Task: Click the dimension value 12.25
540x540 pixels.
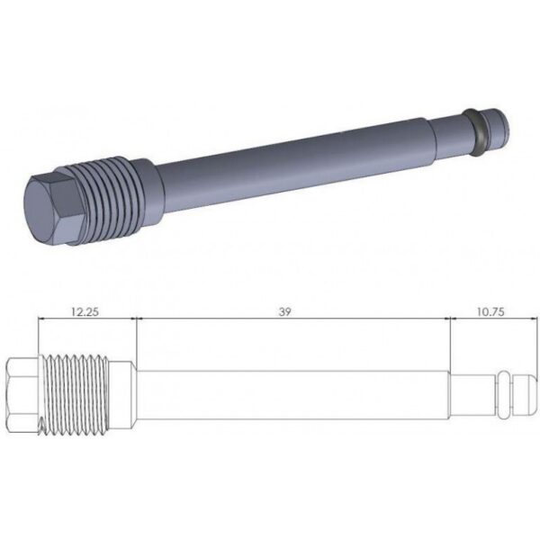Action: (x=85, y=312)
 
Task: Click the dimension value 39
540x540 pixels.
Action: (x=284, y=312)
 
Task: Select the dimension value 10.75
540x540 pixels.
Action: (x=490, y=312)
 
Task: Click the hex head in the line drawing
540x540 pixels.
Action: (x=22, y=395)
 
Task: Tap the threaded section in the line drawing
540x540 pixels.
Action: (x=75, y=395)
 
